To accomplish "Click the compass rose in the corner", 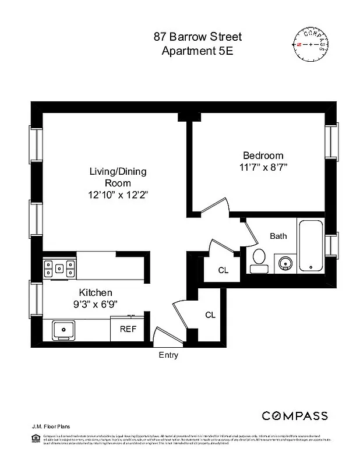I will pyautogui.click(x=310, y=45).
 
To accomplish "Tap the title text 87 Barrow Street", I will pyautogui.click(x=197, y=37).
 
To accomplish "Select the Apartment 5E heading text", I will pyautogui.click(x=197, y=51).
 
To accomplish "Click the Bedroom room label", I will pyautogui.click(x=263, y=156).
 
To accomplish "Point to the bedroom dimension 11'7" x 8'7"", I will pyautogui.click(x=263, y=167).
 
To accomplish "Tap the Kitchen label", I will pyautogui.click(x=96, y=292).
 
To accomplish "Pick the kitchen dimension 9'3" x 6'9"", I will pyautogui.click(x=96, y=303).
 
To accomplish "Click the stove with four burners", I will pyautogui.click(x=59, y=269).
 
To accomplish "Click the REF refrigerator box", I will pyautogui.click(x=128, y=329).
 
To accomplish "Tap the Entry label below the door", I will pyautogui.click(x=168, y=355).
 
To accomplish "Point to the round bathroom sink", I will pyautogui.click(x=285, y=263).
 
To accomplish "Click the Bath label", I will pyautogui.click(x=278, y=236).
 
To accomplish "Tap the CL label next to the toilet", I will pyautogui.click(x=223, y=270).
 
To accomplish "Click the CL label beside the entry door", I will pyautogui.click(x=210, y=315).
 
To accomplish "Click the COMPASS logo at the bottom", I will pyautogui.click(x=294, y=416).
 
